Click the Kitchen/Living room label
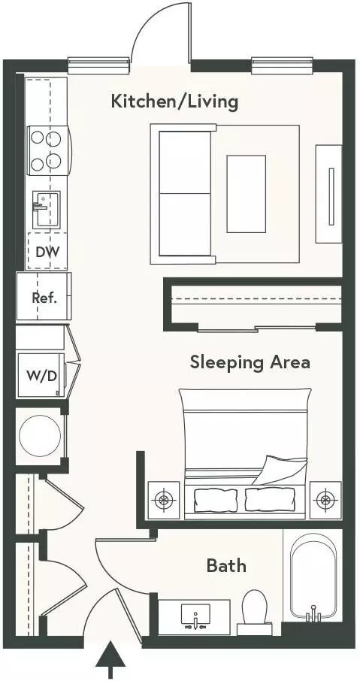click(x=174, y=102)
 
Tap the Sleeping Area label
click(x=250, y=362)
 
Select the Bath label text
click(x=226, y=565)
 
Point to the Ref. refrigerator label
click(x=45, y=298)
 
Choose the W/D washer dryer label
click(x=41, y=375)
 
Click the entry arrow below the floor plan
click(x=110, y=659)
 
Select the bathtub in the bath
click(x=313, y=576)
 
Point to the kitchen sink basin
click(x=46, y=210)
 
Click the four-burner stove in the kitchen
click(x=48, y=150)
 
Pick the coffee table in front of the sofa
click(x=247, y=194)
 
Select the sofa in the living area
click(x=183, y=194)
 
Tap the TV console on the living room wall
click(x=328, y=194)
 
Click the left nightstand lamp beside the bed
click(x=163, y=500)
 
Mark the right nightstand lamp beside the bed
click(x=325, y=500)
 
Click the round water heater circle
click(x=40, y=436)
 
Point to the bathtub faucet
click(x=313, y=615)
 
